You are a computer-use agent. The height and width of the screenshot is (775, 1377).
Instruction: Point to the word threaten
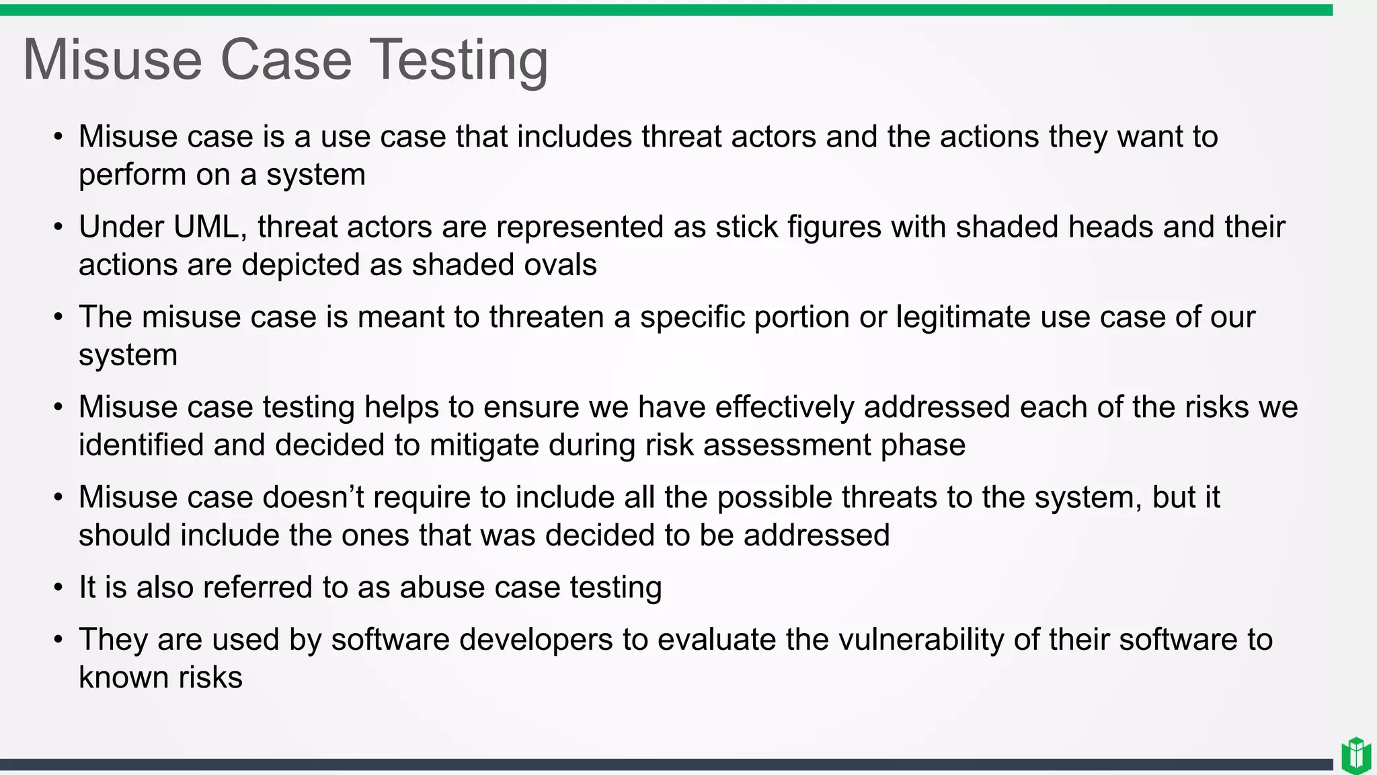tap(546, 317)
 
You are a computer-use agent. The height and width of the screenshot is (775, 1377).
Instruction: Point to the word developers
tap(536, 639)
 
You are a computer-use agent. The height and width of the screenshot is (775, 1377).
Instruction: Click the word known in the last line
tap(114, 677)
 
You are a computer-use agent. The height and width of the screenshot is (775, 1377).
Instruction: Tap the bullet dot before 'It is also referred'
tap(58, 588)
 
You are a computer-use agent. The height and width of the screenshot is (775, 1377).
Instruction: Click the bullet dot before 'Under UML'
tap(58, 227)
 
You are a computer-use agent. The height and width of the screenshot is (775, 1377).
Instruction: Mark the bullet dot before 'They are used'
tap(58, 640)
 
